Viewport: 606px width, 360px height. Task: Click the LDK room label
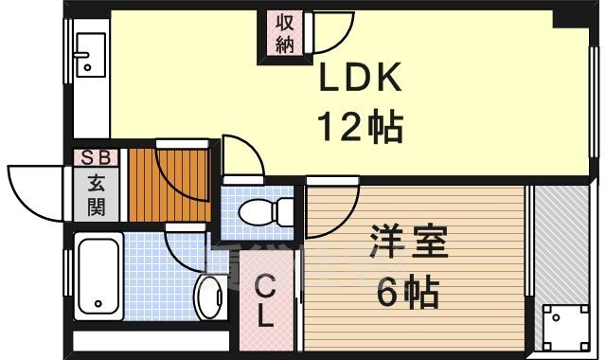360,78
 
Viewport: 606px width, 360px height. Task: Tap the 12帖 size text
360,126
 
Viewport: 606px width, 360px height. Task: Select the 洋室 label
408,243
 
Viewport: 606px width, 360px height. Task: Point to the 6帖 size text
408,291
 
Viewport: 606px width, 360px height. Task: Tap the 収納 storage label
285,34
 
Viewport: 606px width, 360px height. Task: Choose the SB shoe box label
96,158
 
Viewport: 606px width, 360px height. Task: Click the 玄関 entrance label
97,195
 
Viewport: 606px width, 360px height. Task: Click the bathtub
98,276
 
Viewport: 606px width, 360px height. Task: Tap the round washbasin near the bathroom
211,297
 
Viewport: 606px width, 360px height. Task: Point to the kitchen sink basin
91,55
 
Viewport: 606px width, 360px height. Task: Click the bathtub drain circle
98,303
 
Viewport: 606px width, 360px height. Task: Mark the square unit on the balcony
565,327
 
